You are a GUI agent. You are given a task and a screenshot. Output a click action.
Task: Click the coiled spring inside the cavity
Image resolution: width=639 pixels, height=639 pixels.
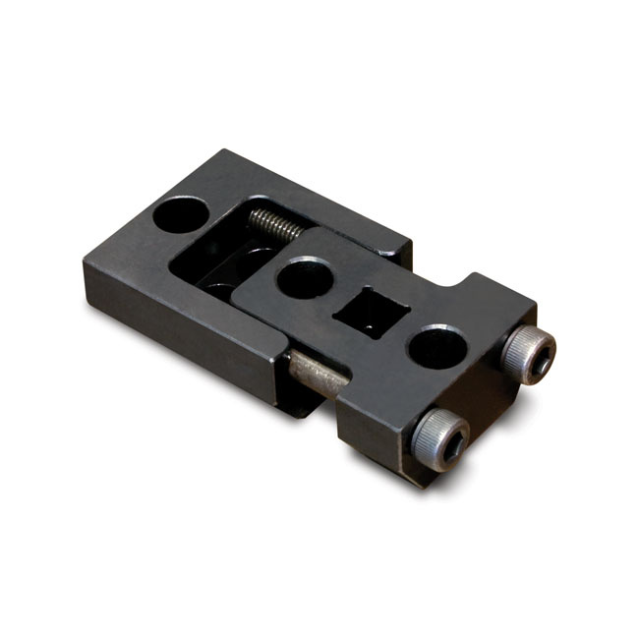[x=273, y=225]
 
